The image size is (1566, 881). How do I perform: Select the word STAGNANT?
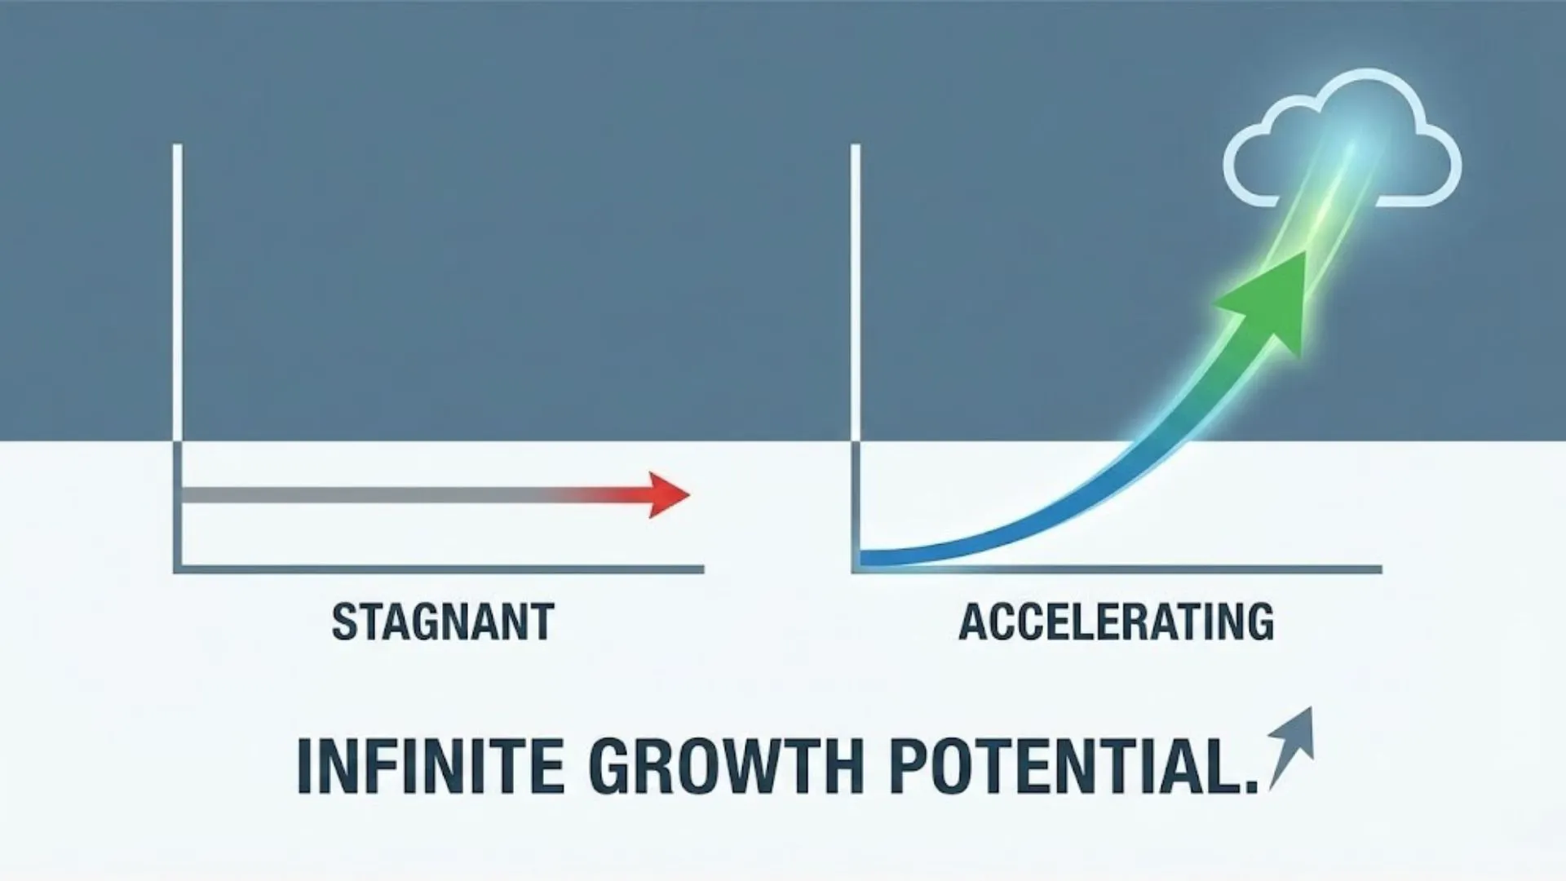coord(443,622)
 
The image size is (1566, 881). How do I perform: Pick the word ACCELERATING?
coord(1116,622)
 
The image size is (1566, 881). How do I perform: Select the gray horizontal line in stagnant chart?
coord(367,495)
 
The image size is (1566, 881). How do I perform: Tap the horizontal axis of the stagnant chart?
coord(440,569)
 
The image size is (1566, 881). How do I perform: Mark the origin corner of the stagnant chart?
coord(178,569)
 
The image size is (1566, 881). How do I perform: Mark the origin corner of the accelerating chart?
coord(856,569)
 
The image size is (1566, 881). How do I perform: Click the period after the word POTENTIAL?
coord(1251,787)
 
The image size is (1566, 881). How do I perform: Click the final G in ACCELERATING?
coord(1259,622)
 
